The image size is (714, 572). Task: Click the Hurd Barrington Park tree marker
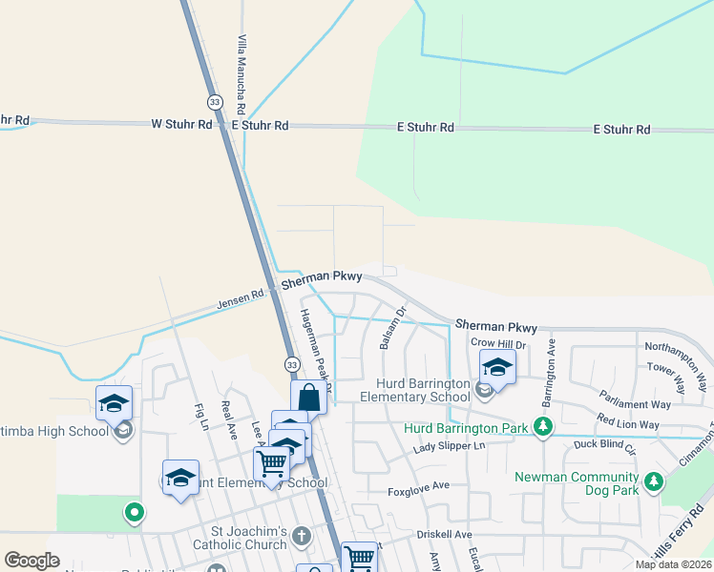(543, 425)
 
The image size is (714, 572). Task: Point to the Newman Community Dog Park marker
(654, 480)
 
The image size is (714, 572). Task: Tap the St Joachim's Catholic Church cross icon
(302, 535)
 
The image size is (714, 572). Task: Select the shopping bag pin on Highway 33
(308, 398)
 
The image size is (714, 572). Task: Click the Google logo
(31, 561)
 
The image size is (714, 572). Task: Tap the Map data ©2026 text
(673, 564)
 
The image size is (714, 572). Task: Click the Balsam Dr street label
(391, 327)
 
